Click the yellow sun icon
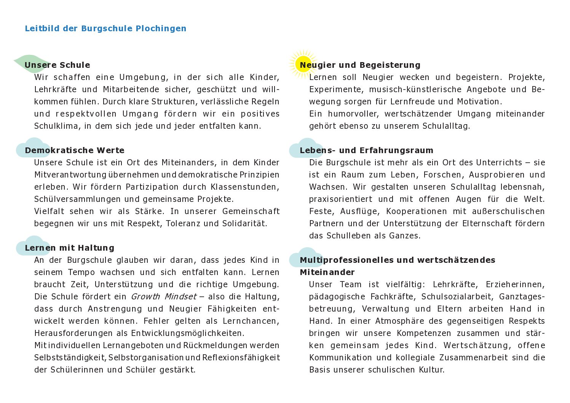point(303,64)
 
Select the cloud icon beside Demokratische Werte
point(32,148)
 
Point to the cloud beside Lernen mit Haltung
point(32,246)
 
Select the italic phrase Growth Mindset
point(164,297)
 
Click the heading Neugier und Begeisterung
point(360,65)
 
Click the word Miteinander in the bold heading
point(327,272)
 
